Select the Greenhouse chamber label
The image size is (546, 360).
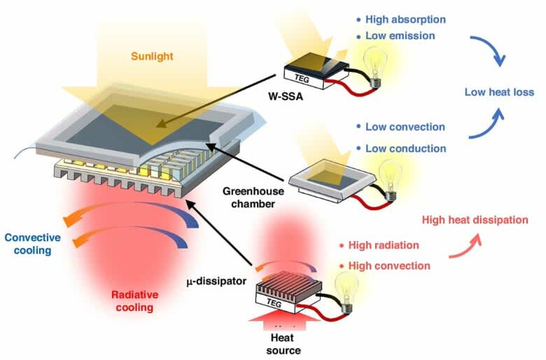click(250, 195)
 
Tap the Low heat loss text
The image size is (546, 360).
click(499, 92)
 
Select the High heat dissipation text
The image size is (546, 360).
click(475, 220)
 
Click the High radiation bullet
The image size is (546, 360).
click(383, 246)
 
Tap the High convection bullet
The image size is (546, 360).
click(387, 265)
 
